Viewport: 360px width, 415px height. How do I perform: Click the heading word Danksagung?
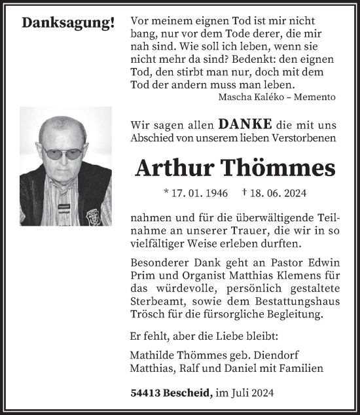(68, 23)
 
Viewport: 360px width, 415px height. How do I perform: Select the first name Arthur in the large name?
(174, 168)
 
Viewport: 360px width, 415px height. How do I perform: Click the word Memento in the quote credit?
(316, 97)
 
